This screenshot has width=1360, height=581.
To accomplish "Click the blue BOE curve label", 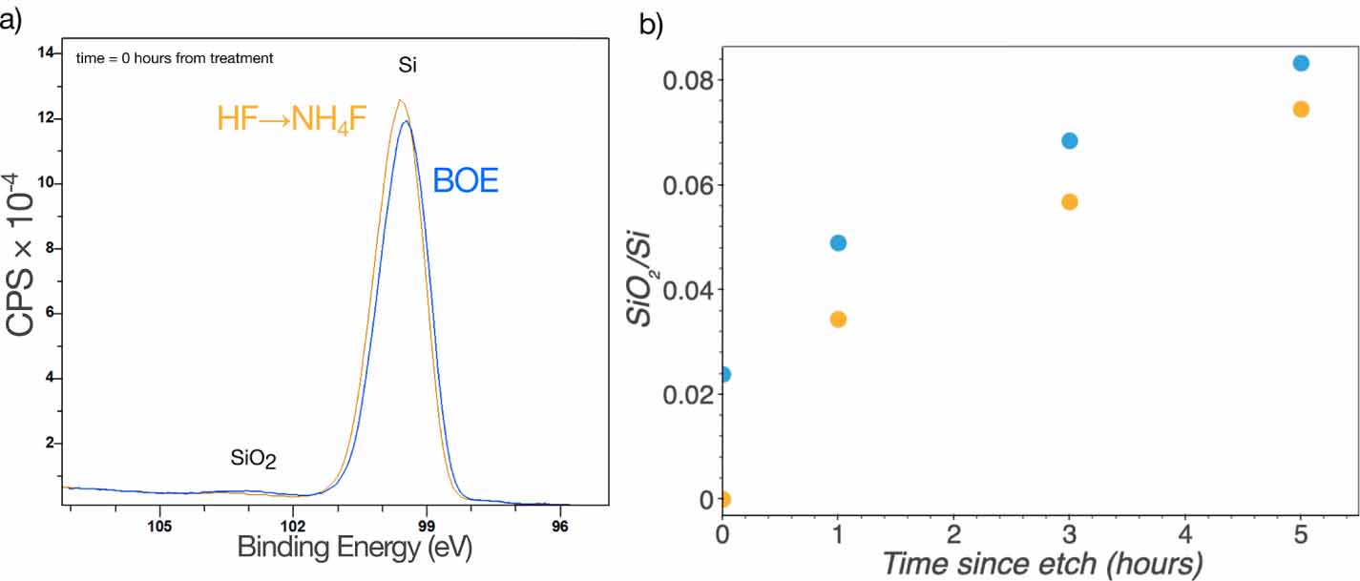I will click(466, 180).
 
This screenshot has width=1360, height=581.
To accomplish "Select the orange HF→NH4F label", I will click(292, 119).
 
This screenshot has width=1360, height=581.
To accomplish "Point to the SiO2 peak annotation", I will click(253, 459).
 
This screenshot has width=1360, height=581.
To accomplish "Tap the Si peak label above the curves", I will click(408, 66).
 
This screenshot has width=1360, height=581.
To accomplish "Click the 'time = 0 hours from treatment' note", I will click(175, 58).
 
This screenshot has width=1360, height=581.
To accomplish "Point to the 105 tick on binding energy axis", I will click(159, 522).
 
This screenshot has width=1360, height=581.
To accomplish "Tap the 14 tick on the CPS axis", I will click(45, 53).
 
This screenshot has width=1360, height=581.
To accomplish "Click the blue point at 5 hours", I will click(1300, 63).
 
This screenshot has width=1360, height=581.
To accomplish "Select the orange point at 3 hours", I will click(1069, 201).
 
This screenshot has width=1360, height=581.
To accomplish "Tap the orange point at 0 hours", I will click(723, 499).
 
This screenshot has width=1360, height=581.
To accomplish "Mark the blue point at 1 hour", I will click(838, 242).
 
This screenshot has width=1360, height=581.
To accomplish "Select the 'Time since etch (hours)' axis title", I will click(1040, 562).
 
